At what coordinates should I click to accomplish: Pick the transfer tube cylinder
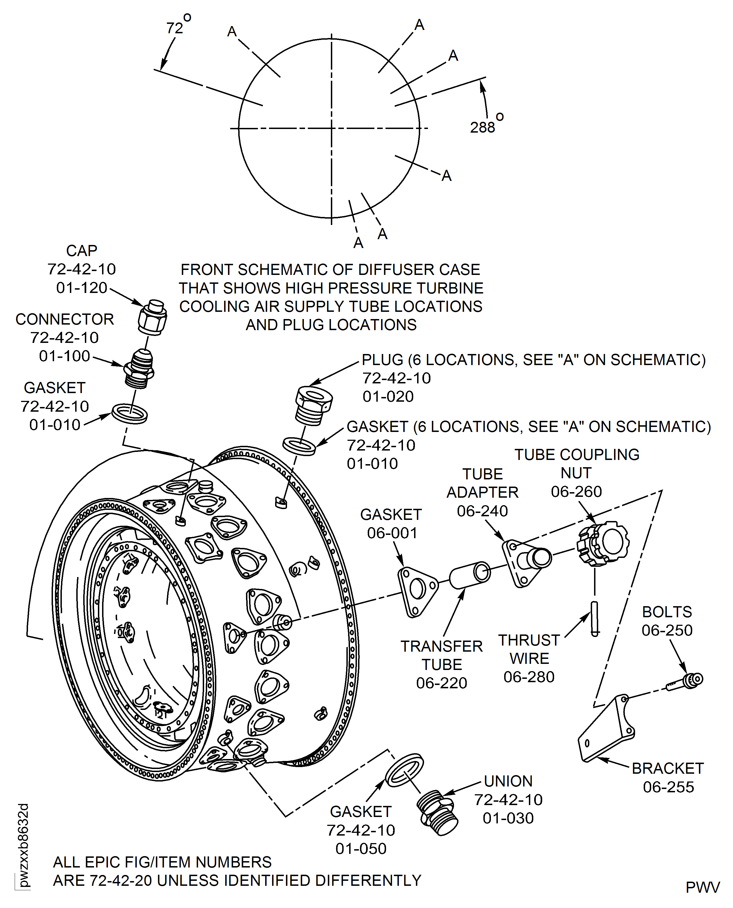coord(469,575)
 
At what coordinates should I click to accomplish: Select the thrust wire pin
coord(595,618)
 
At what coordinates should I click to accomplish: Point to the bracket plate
coord(606,729)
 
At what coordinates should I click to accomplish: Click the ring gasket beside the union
coord(404,770)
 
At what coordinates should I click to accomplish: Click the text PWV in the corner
coord(702,887)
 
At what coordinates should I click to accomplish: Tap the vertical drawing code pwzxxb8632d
coord(23,845)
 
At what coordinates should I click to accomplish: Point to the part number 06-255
coord(668,787)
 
